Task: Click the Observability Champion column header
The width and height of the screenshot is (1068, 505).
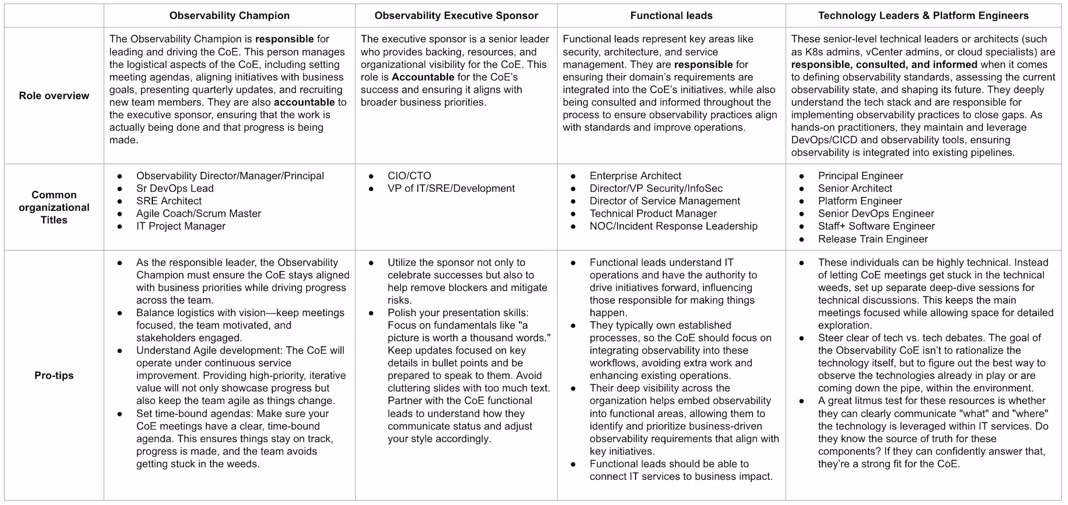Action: (229, 16)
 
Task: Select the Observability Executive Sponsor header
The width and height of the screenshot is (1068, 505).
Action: (456, 16)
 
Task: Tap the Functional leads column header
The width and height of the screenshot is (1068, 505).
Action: (671, 16)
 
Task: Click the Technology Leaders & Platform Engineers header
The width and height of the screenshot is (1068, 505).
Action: (923, 16)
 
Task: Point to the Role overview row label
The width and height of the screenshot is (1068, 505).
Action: (54, 95)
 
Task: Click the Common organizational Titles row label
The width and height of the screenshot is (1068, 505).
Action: (54, 207)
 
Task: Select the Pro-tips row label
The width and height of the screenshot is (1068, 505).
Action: (54, 375)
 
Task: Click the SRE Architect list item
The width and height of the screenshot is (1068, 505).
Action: (169, 201)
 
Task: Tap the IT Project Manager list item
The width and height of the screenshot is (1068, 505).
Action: (181, 226)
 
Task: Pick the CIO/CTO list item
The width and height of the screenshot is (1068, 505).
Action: (409, 176)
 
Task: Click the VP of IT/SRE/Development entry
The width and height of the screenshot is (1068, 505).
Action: (451, 188)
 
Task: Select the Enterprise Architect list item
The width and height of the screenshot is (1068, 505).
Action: (635, 176)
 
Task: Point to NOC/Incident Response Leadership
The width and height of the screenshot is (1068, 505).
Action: (673, 226)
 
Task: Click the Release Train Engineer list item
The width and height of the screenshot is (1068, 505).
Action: (873, 239)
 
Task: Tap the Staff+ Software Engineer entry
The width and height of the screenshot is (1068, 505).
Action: (876, 226)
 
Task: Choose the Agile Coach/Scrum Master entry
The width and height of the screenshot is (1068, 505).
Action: (199, 213)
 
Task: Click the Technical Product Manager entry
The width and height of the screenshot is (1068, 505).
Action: (653, 213)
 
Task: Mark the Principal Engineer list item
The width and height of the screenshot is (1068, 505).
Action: (860, 176)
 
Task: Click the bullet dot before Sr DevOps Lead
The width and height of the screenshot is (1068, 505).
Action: (120, 189)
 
